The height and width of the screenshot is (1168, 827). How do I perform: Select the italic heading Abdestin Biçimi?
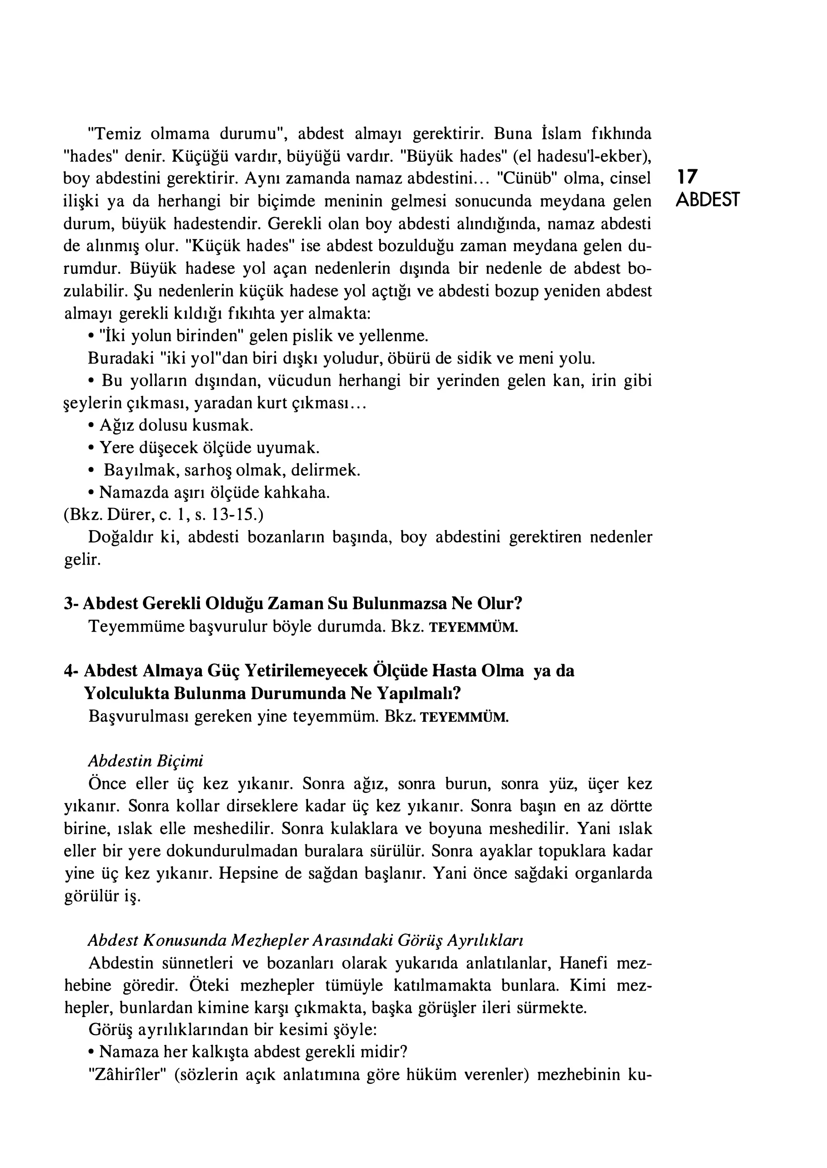point(146,761)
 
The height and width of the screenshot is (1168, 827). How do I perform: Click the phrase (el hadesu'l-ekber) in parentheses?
point(582,156)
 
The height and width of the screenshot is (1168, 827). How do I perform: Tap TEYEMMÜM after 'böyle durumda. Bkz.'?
point(474,627)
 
